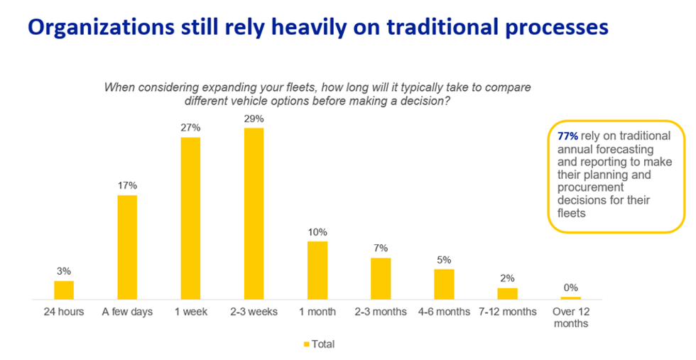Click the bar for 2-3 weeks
point(254,213)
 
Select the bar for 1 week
point(190,218)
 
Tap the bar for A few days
point(127,246)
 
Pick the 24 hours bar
point(64,290)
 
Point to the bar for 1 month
point(317,270)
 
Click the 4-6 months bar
point(444,284)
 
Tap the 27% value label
point(190,128)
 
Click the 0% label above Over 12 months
point(570,288)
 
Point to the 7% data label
point(381,248)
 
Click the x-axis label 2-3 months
point(381,312)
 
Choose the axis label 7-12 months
point(507,312)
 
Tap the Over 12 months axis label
point(570,317)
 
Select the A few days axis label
point(127,312)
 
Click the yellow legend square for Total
point(307,344)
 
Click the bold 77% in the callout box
point(569,135)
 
